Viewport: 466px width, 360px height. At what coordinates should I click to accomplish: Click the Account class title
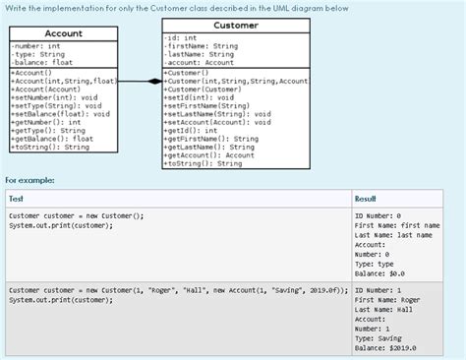(63, 33)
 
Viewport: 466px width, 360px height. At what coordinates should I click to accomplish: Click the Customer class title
(235, 24)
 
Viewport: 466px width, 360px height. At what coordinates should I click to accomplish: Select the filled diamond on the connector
(153, 82)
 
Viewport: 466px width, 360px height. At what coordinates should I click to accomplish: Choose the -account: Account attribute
(202, 62)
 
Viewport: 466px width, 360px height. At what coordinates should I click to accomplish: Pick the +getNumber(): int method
(47, 123)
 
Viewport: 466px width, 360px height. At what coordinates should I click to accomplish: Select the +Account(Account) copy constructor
(46, 89)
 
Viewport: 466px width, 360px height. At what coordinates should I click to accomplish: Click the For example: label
(29, 181)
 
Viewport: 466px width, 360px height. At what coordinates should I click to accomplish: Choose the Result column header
(366, 199)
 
